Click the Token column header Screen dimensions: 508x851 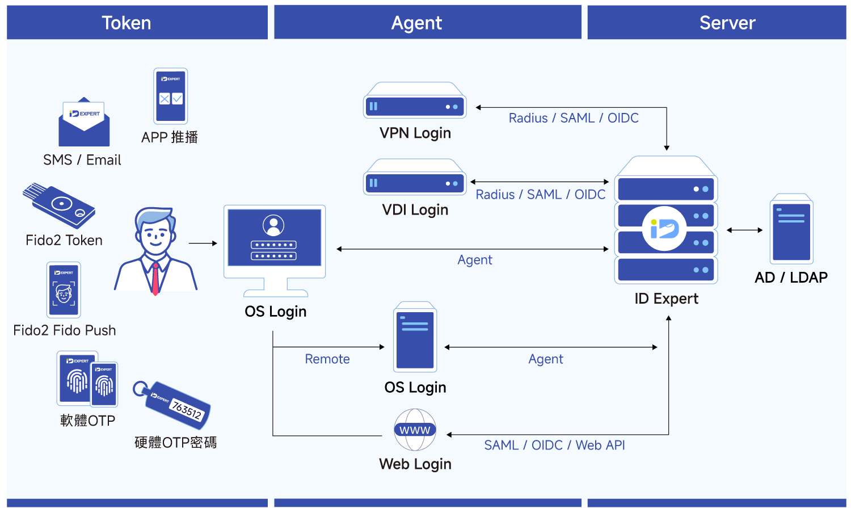(x=127, y=23)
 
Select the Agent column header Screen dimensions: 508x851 (x=416, y=23)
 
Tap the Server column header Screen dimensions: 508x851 (x=727, y=23)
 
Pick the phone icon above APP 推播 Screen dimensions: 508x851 (x=170, y=96)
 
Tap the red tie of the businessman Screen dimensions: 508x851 (x=155, y=279)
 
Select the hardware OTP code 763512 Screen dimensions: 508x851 (x=187, y=410)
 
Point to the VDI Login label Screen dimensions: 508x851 (x=415, y=210)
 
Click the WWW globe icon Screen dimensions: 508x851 (x=415, y=430)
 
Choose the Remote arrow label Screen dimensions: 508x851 (x=327, y=359)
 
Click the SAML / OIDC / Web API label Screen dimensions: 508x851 (x=554, y=446)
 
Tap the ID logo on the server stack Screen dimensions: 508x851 (x=664, y=229)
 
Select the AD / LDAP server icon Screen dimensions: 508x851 (x=791, y=230)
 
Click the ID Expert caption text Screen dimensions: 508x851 (x=666, y=299)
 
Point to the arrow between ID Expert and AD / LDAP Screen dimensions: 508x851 (x=744, y=230)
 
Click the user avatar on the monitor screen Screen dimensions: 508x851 (x=273, y=225)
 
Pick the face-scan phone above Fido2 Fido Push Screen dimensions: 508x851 (x=64, y=290)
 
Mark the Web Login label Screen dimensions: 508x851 (x=415, y=464)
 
